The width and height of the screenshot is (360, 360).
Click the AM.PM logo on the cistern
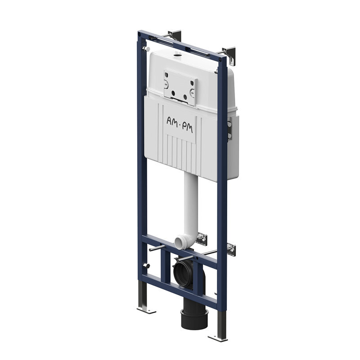180,126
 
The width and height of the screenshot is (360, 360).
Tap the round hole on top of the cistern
177,55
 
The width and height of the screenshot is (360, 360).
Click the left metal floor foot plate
146,310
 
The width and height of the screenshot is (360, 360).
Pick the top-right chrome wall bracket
229,55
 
